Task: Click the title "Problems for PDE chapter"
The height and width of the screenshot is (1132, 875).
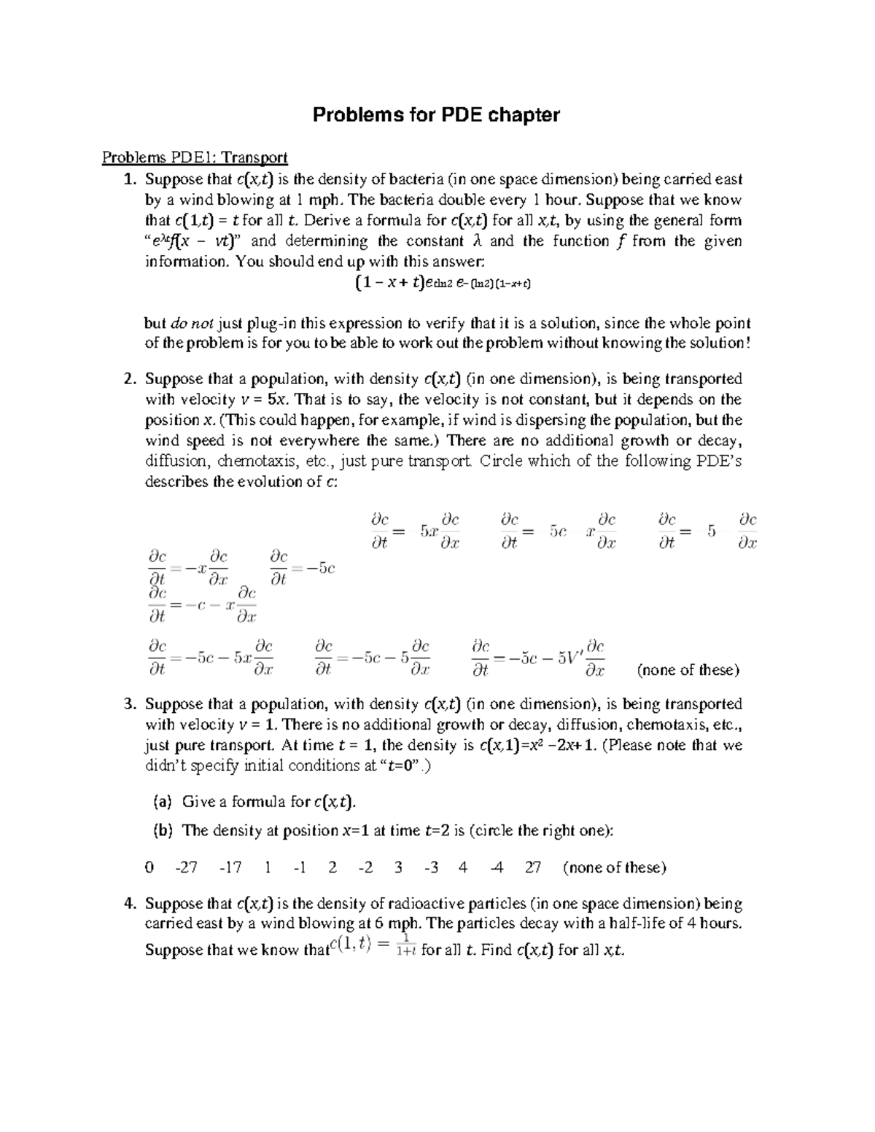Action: [436, 115]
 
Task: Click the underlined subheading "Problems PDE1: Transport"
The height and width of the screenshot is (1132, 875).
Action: [195, 157]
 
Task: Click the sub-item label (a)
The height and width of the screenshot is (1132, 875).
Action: [161, 803]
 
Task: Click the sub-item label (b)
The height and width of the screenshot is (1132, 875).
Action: [161, 830]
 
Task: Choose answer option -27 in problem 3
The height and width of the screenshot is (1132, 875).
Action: [187, 867]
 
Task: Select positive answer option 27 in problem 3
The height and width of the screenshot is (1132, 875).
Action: [533, 867]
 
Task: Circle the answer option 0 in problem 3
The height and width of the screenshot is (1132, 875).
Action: [149, 867]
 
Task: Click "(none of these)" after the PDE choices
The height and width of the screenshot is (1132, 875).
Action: [688, 670]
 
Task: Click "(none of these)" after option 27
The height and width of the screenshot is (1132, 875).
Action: [615, 867]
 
